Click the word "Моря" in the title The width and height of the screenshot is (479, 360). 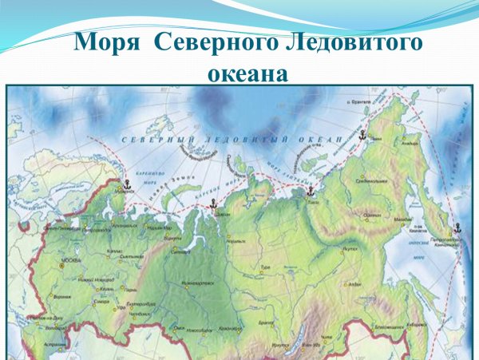[x=110, y=42]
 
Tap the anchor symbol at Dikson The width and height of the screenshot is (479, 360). [x=212, y=206]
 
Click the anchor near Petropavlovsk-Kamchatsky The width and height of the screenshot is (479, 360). [x=457, y=228]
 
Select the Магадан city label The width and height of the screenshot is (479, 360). [x=402, y=219]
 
